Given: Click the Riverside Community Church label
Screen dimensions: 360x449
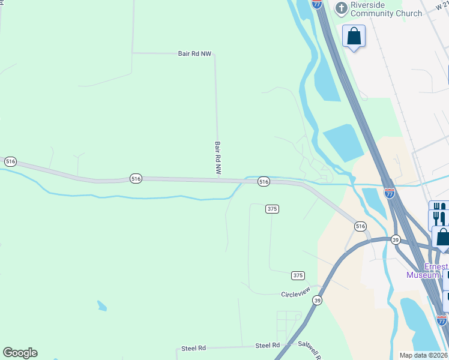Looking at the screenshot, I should pos(386,8).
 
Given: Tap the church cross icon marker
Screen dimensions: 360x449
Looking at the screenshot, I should pos(341,8).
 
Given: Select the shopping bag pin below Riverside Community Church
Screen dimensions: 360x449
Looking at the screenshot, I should pos(354,36).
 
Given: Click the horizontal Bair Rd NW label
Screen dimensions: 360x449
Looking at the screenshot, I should pos(194,53).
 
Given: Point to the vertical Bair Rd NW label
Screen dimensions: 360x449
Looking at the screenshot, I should pos(218,158).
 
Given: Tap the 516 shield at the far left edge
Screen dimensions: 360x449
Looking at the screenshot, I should pos(10,161).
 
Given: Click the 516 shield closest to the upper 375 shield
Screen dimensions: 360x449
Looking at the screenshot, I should pos(263,181).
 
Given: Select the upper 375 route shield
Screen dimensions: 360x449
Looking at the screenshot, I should pos(272,208).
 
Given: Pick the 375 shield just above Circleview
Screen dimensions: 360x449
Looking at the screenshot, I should pos(298,275).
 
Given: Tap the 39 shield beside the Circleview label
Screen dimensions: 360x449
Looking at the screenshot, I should pos(317,301).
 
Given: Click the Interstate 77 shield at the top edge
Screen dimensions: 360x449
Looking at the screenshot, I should pos(317,4).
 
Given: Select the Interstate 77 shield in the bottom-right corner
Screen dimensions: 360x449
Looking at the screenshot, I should pos(442,320).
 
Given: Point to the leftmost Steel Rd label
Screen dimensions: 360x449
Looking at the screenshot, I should pos(193,348).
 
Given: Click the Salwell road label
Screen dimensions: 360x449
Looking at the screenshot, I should pos(310,349).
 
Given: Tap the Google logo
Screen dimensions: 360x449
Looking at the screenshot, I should pos(20,353).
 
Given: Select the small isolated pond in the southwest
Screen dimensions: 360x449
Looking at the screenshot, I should pos(102,306).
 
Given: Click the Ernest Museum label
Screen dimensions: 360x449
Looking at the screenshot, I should pos(427,271).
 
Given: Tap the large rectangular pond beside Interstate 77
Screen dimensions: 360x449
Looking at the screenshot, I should pos(343,143).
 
